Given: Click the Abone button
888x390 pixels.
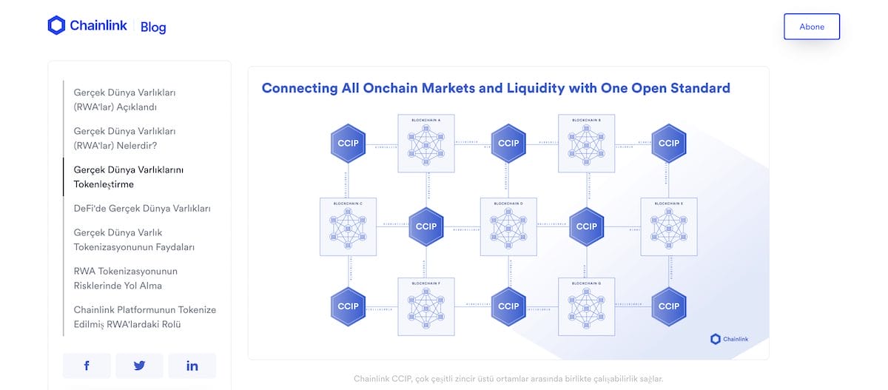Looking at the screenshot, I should point(812,27).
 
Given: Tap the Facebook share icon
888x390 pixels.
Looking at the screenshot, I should point(87,366).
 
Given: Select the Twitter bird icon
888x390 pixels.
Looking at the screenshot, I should point(139,366).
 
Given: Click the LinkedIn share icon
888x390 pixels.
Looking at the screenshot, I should point(192,366).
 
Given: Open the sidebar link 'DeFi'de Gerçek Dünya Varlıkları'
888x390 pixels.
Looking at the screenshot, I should point(142,209).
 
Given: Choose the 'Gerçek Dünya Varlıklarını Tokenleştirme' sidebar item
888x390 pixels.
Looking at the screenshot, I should point(129,177).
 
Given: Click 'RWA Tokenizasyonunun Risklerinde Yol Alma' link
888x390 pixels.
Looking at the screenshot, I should point(126,278).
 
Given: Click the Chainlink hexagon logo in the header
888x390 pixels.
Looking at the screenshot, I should point(57,26).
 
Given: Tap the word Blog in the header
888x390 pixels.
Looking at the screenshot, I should point(153,27).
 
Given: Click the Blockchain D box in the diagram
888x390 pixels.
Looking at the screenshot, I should point(508,226).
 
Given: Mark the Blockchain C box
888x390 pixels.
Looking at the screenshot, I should point(348,226).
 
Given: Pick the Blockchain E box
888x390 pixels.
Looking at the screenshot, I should point(668,226).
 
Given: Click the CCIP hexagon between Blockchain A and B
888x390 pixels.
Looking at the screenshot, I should point(508,143).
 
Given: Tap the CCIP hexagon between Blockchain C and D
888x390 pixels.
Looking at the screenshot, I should point(427,226).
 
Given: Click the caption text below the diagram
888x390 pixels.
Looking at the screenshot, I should point(508,379).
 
